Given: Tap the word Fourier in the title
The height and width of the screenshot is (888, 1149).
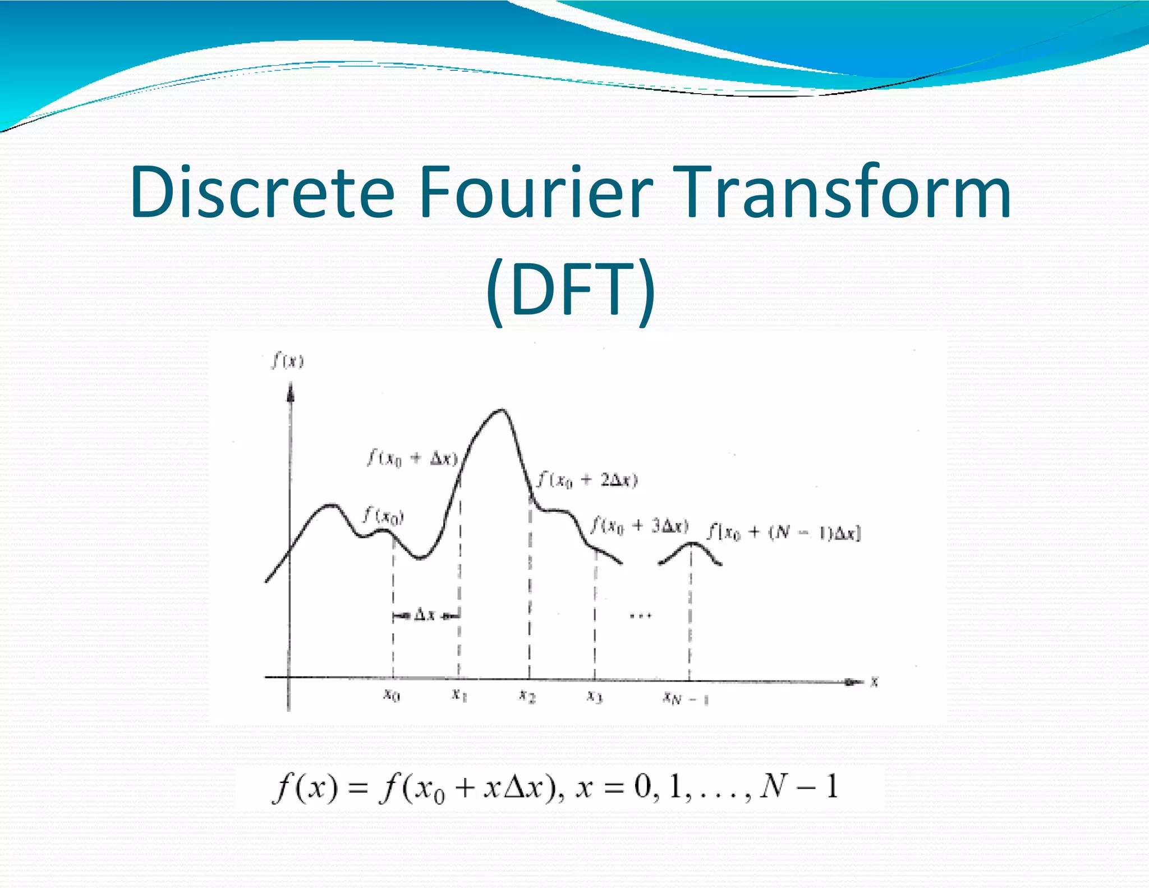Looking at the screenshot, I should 536,192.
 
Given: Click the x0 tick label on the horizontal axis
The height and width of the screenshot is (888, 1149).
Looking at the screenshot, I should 392,695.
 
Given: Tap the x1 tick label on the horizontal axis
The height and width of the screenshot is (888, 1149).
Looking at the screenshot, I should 459,695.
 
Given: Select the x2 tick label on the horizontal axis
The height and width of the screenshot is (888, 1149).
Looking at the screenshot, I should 527,696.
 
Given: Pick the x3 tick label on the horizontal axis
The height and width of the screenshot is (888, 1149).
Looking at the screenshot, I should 595,697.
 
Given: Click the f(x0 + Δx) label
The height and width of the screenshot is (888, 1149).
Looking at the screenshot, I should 412,459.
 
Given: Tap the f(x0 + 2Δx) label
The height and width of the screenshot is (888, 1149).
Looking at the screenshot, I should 587,480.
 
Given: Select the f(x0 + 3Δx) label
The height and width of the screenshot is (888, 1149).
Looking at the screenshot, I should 640,526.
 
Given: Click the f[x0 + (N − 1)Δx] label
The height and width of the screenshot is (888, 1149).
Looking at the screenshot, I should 783,532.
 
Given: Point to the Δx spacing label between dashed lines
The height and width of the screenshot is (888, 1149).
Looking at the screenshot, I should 425,615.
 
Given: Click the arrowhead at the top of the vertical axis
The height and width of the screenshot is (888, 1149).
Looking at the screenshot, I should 290,391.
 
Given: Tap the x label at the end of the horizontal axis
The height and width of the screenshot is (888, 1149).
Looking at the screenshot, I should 874,682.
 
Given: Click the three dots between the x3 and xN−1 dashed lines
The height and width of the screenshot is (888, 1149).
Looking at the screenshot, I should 640,616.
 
